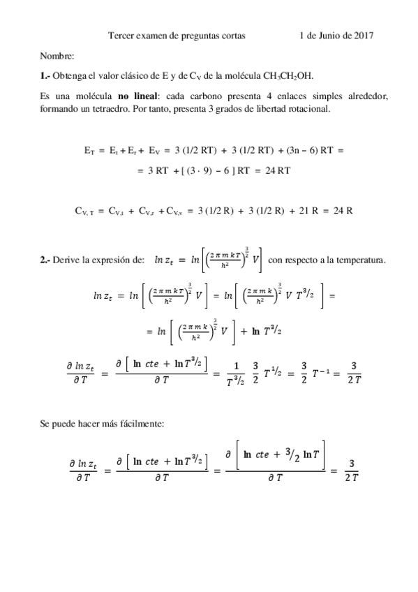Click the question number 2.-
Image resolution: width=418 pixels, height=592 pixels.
pos(45,261)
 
